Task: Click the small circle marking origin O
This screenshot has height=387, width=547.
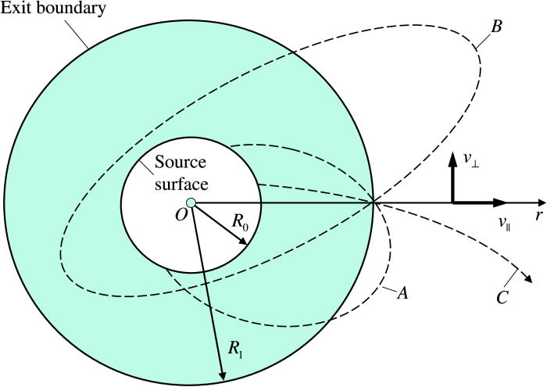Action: [x=191, y=203]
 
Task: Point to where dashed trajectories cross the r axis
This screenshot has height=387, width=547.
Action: [x=374, y=203]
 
